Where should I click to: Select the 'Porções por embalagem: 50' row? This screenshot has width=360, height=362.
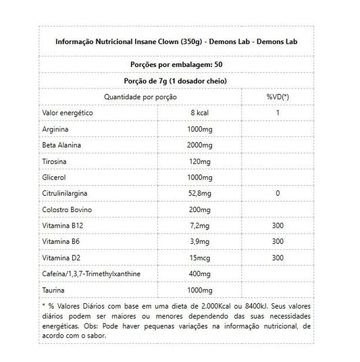(x=180, y=64)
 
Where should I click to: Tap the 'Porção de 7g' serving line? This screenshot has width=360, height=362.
(x=180, y=80)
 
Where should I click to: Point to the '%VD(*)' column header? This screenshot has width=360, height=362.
(x=278, y=97)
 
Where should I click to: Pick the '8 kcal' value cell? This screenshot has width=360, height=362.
(x=199, y=112)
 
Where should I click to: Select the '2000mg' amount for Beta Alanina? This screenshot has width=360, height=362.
(x=199, y=145)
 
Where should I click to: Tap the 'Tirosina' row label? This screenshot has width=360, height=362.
(x=59, y=161)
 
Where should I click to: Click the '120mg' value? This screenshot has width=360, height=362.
(x=199, y=161)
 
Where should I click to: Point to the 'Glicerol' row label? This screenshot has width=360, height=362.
(x=59, y=177)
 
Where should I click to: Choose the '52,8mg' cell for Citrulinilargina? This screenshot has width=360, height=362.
(x=199, y=193)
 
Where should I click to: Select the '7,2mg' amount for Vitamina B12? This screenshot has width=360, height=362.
(x=199, y=226)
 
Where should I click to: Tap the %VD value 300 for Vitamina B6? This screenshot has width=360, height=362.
(x=278, y=241)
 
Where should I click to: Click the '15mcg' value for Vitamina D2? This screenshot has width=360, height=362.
(x=199, y=257)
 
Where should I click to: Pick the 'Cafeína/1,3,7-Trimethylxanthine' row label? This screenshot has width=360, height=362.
(x=99, y=274)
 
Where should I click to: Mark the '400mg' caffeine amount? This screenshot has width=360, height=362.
(x=199, y=274)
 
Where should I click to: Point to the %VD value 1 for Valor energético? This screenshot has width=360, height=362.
(x=278, y=112)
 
